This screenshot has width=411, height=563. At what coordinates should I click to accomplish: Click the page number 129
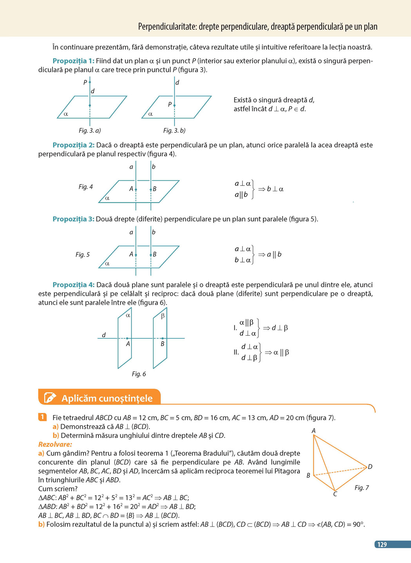coord(382,544)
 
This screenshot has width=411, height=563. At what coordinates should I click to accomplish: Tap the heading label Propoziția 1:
coord(73,61)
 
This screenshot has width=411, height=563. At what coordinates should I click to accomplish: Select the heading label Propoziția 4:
coord(73,285)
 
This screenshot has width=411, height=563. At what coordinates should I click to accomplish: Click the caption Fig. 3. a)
coord(90,130)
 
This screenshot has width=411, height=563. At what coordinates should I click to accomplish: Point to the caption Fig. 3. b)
coord(174,130)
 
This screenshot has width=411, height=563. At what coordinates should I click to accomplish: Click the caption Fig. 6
coord(139,374)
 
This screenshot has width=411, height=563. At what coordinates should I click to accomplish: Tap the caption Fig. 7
coord(362,487)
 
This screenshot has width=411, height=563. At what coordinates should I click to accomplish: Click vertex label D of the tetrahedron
coord(370,466)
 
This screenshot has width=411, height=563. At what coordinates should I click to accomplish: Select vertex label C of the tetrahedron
coord(335,494)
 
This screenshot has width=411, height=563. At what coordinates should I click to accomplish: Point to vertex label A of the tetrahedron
coord(313,431)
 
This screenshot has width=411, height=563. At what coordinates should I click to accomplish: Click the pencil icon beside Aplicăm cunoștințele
coord(50,398)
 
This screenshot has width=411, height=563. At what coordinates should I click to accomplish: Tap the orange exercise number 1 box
coord(42,417)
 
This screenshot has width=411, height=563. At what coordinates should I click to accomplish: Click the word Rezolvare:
coord(55,444)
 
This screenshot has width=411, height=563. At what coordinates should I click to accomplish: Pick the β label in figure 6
coord(163,316)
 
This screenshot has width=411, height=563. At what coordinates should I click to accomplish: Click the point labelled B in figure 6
coord(163,338)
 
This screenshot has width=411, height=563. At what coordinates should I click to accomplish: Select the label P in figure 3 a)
coord(85,83)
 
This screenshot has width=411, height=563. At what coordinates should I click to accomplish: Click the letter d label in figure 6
coord(104,335)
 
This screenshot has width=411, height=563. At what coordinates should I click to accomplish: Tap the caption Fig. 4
coord(85,187)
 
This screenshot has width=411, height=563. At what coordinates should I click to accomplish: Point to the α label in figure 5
coord(107,264)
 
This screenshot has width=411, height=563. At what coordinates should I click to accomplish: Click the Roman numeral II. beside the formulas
coord(236,352)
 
